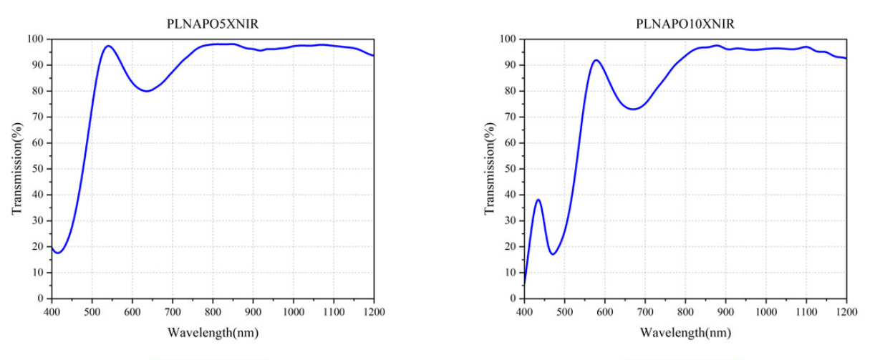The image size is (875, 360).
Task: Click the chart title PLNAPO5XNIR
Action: [213, 24]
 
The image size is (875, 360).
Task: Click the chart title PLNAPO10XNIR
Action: [685, 24]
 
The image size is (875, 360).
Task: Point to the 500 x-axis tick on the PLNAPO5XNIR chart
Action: [92, 311]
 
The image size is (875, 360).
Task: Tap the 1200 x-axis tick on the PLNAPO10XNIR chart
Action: [846, 311]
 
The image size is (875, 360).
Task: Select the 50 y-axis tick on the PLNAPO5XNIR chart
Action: [39, 169]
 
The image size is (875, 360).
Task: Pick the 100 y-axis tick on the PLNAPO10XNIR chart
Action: [509, 39]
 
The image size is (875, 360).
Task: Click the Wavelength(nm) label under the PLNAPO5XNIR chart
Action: [213, 333]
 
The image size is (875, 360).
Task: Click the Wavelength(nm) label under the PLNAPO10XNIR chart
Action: [685, 333]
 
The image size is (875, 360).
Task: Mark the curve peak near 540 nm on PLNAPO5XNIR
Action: [108, 46]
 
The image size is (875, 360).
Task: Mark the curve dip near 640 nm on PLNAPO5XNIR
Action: [147, 91]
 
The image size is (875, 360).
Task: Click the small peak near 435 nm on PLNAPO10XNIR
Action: [538, 200]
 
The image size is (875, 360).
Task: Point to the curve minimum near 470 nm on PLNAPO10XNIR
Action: [552, 254]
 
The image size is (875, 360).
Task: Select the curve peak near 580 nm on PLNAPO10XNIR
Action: [596, 60]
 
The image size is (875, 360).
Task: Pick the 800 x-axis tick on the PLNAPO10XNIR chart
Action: [685, 311]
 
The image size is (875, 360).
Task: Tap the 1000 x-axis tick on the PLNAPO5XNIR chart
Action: [293, 311]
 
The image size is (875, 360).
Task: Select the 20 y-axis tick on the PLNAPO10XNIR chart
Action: [511, 247]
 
